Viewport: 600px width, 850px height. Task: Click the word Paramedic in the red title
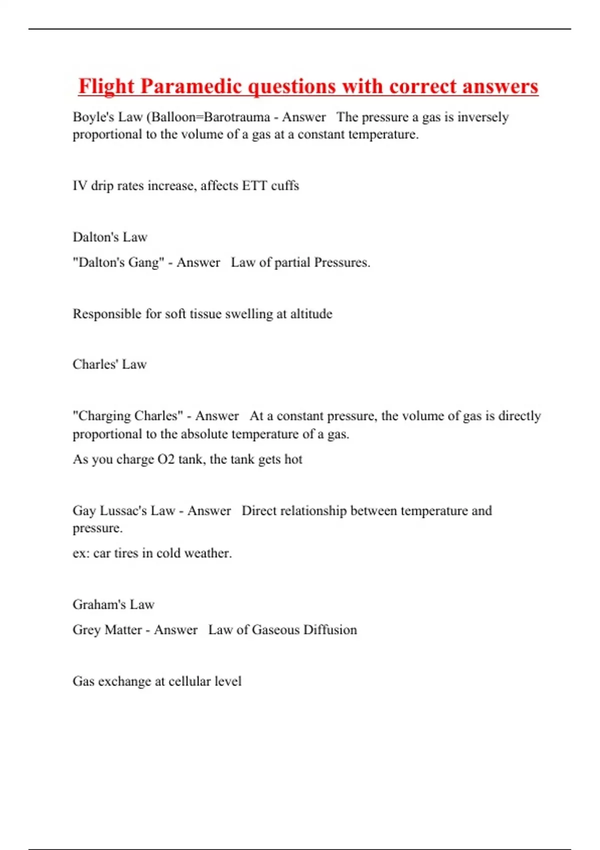pyautogui.click(x=190, y=87)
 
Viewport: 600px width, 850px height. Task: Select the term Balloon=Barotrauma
pyautogui.click(x=210, y=117)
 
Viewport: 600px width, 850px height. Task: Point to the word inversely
pyautogui.click(x=483, y=117)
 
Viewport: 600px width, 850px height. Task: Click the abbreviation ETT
pyautogui.click(x=254, y=186)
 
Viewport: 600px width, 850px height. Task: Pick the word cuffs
pyautogui.click(x=285, y=186)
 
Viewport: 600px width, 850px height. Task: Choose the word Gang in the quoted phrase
pyautogui.click(x=146, y=263)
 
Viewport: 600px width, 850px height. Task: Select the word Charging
pyautogui.click(x=106, y=416)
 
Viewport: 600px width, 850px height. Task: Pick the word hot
pyautogui.click(x=293, y=459)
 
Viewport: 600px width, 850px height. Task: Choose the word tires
pyautogui.click(x=126, y=553)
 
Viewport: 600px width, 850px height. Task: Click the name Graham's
pyautogui.click(x=99, y=605)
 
